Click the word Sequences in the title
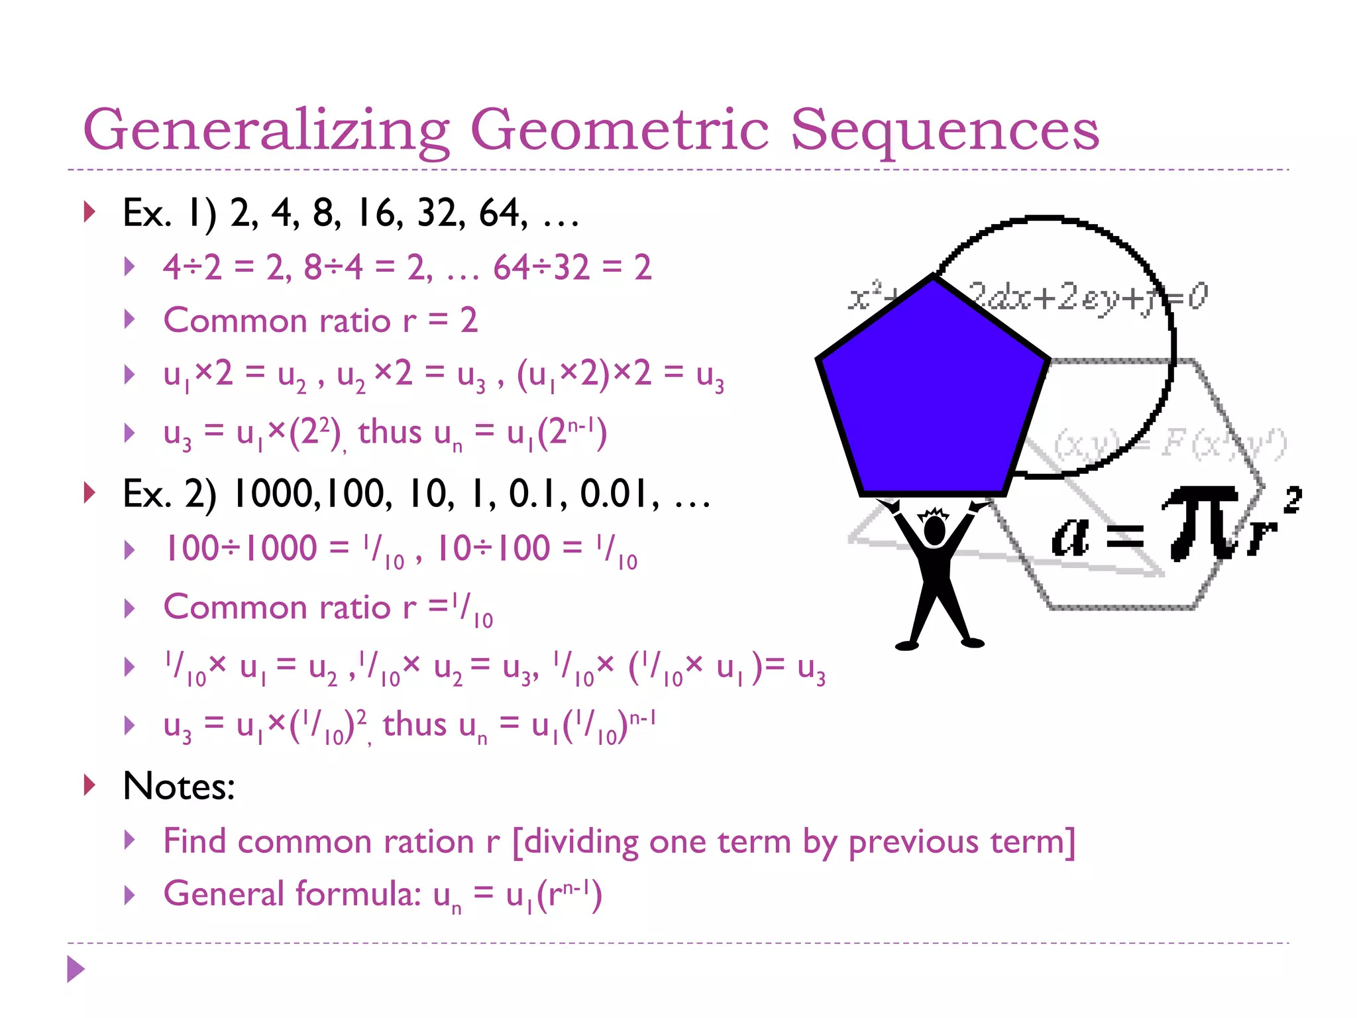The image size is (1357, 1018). click(x=944, y=130)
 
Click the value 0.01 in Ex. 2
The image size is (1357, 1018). click(x=616, y=494)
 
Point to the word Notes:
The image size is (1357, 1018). click(x=179, y=787)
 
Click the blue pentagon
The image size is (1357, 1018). click(x=931, y=391)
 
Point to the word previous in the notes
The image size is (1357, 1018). click(x=914, y=842)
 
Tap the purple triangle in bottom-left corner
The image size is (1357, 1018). click(x=76, y=969)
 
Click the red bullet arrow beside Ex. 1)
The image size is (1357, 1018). click(x=89, y=212)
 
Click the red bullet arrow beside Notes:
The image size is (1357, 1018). click(x=89, y=785)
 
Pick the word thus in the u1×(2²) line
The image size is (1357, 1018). click(x=390, y=433)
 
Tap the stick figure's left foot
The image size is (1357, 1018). click(x=906, y=645)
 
